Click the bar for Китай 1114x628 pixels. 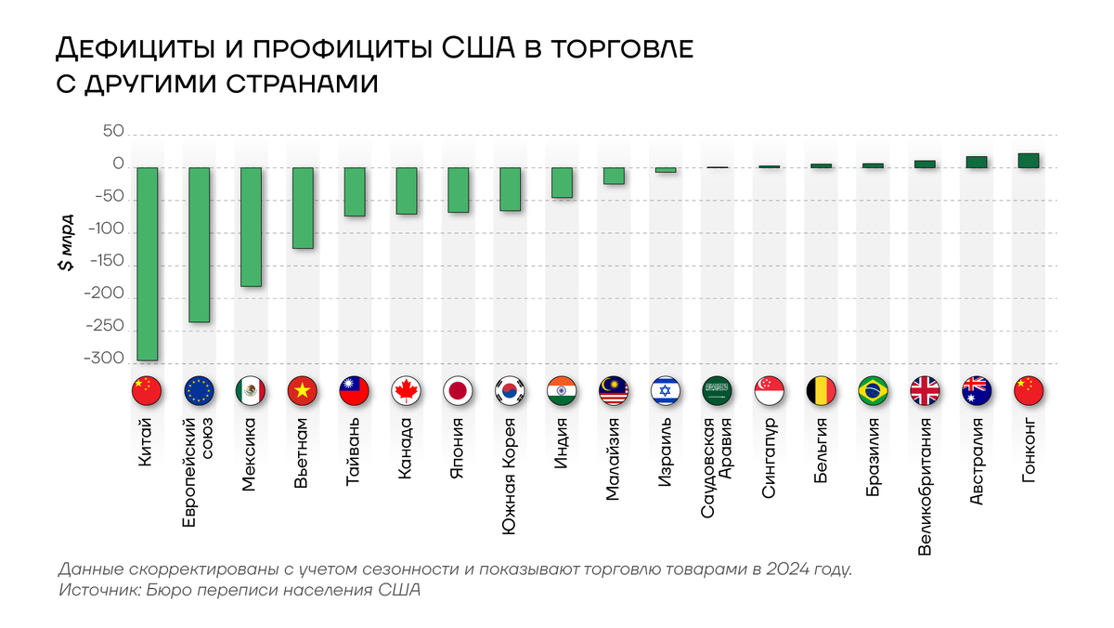(x=148, y=264)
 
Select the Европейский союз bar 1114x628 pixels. (x=199, y=244)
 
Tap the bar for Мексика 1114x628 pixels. (x=251, y=227)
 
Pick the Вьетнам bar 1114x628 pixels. (x=303, y=208)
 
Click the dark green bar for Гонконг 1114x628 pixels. (x=1029, y=161)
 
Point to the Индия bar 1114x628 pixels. (x=562, y=183)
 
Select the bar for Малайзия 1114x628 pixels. (x=614, y=176)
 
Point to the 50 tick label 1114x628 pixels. (x=113, y=131)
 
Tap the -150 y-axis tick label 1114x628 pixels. (x=106, y=261)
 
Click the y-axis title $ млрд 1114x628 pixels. (x=66, y=242)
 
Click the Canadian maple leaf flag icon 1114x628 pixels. (x=406, y=390)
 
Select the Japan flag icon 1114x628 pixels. (x=458, y=390)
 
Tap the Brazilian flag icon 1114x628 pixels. (x=873, y=390)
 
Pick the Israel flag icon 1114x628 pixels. (x=666, y=390)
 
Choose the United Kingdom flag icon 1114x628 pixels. (x=925, y=390)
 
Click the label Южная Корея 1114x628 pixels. (x=509, y=477)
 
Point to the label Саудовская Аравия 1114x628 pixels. (x=717, y=468)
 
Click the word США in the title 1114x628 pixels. (x=478, y=48)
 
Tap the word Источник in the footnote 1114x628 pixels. (x=100, y=590)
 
